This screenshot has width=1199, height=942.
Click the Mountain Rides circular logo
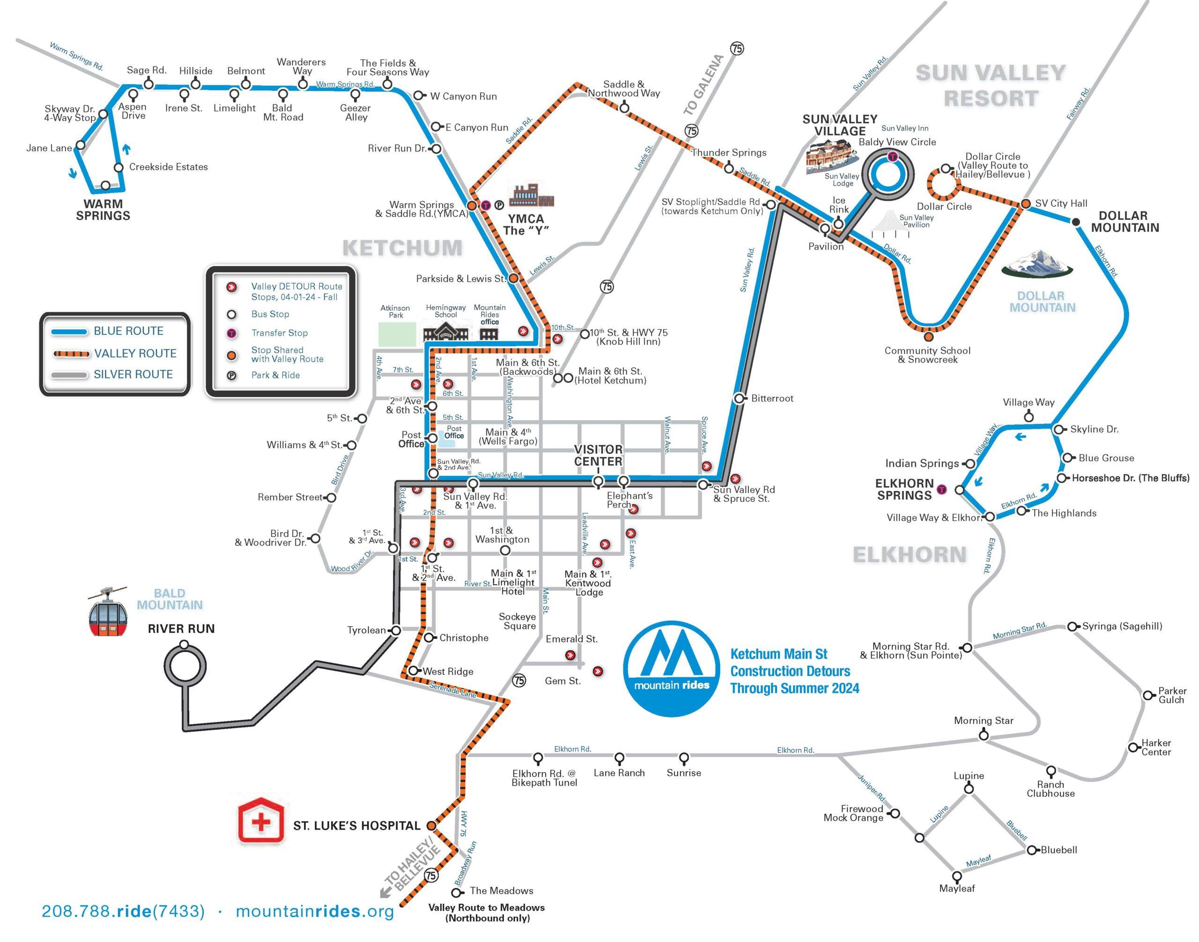pyautogui.click(x=672, y=668)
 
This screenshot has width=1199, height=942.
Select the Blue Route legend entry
pyautogui.click(x=128, y=331)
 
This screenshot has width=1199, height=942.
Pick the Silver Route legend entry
pyautogui.click(x=133, y=374)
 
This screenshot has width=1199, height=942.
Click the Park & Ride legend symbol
pyautogui.click(x=232, y=376)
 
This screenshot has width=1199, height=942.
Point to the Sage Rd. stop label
pyautogui.click(x=146, y=70)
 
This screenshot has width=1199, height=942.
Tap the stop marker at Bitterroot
pyautogui.click(x=740, y=398)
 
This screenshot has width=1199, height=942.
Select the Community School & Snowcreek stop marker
pyautogui.click(x=929, y=336)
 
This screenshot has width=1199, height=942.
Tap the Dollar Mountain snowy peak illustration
pyautogui.click(x=1037, y=263)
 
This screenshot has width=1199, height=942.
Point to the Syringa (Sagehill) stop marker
pyautogui.click(x=1072, y=627)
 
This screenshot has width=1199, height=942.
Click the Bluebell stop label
pyautogui.click(x=1058, y=850)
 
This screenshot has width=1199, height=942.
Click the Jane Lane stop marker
pyautogui.click(x=81, y=145)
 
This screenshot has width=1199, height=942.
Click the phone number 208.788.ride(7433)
pyautogui.click(x=123, y=911)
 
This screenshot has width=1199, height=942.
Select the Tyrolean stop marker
pyautogui.click(x=395, y=630)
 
